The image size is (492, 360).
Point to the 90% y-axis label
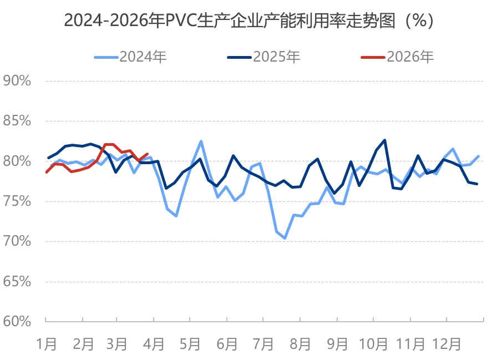tap(17, 81)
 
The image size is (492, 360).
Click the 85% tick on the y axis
tap(17, 121)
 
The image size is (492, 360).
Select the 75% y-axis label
tap(17, 201)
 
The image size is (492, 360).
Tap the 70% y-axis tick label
tap(17, 241)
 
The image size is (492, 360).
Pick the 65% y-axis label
tap(17, 281)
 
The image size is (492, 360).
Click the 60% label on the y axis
tap(17, 321)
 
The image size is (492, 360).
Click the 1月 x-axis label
tap(47, 344)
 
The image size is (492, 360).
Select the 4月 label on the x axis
tap(154, 344)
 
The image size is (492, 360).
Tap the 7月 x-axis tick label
tap(263, 344)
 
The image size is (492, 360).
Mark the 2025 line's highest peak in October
tap(385, 140)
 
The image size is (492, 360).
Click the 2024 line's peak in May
tap(201, 141)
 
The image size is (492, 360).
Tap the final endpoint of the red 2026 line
tap(147, 154)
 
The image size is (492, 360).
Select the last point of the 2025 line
tap(478, 184)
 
